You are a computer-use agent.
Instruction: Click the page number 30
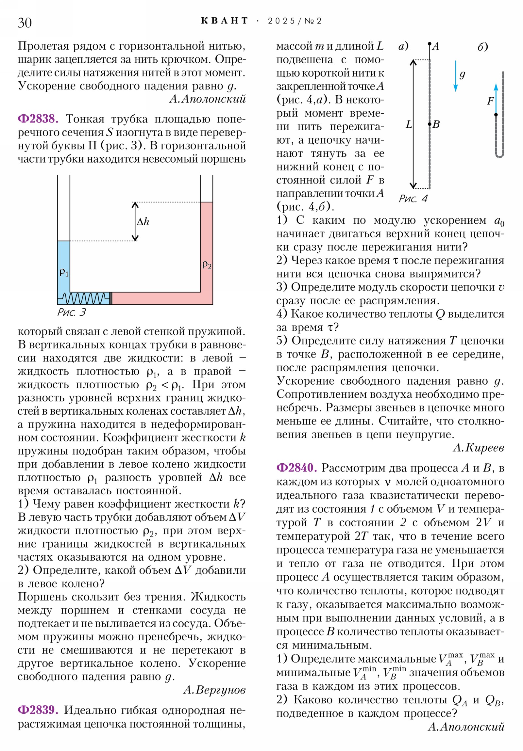point(25,23)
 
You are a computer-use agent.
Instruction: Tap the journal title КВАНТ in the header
point(224,21)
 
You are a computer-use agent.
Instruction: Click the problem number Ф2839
point(38,710)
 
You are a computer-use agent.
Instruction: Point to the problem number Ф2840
point(296,468)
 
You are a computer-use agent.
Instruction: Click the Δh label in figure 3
point(143,222)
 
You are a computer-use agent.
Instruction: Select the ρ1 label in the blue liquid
point(64,271)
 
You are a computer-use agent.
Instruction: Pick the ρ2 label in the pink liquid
point(207,264)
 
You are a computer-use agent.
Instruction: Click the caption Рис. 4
point(413,198)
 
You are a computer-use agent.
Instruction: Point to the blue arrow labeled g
point(455,76)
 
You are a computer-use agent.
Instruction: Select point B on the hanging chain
point(430,124)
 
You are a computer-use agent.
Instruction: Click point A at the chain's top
point(430,44)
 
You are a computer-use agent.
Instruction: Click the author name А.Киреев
point(479,447)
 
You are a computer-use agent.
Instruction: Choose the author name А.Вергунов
point(214,690)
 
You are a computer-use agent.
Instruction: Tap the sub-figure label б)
point(482,47)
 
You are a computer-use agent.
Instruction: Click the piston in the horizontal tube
point(111,298)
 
